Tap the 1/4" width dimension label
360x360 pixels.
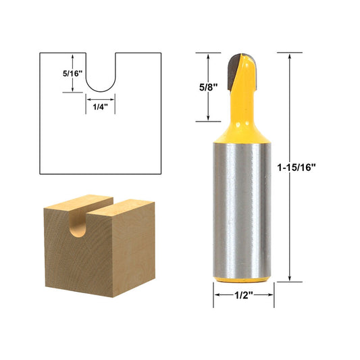(99, 107)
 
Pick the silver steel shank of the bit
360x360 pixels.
(244, 209)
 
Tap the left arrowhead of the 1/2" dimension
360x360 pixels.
(217, 294)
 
